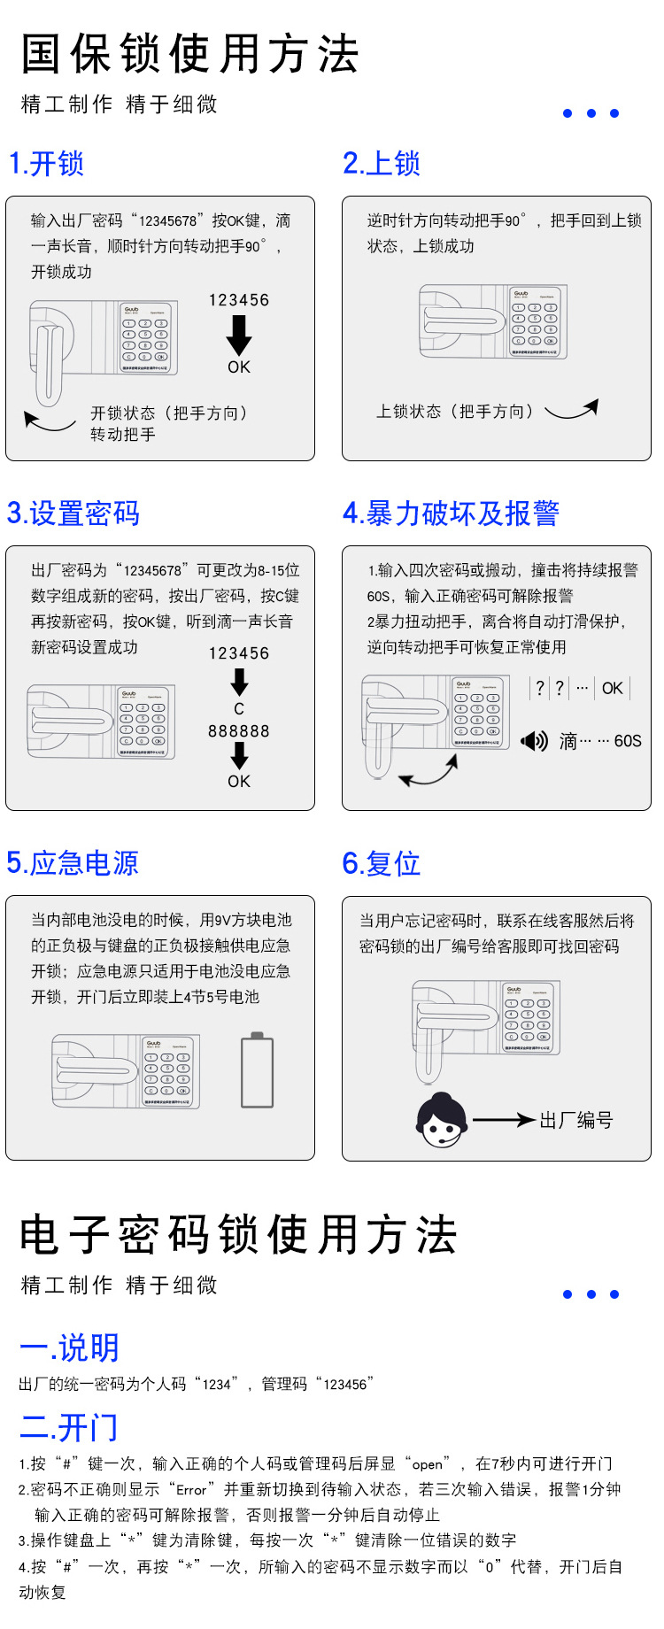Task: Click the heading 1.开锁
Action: tap(46, 164)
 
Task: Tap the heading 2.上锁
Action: tap(382, 164)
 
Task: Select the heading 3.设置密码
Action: tap(73, 513)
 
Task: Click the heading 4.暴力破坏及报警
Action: tap(452, 513)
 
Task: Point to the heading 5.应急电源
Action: tap(73, 863)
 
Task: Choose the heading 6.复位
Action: tap(382, 863)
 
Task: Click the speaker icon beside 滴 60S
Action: tap(535, 740)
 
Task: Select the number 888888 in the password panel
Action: tap(239, 731)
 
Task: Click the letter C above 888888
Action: tap(239, 709)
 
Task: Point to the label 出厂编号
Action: tap(576, 1121)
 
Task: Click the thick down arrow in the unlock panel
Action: tap(239, 335)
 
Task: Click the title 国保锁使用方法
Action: tap(190, 55)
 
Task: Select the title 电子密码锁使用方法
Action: tap(239, 1235)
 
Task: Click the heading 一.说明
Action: tap(69, 1347)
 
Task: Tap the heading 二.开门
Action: tap(69, 1427)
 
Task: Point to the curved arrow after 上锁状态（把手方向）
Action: tap(572, 410)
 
